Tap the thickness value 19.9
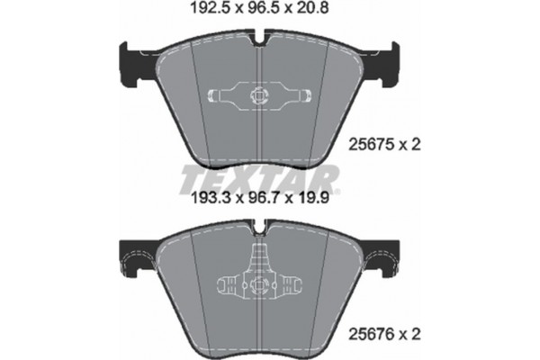319,204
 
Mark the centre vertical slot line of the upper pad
258,135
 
